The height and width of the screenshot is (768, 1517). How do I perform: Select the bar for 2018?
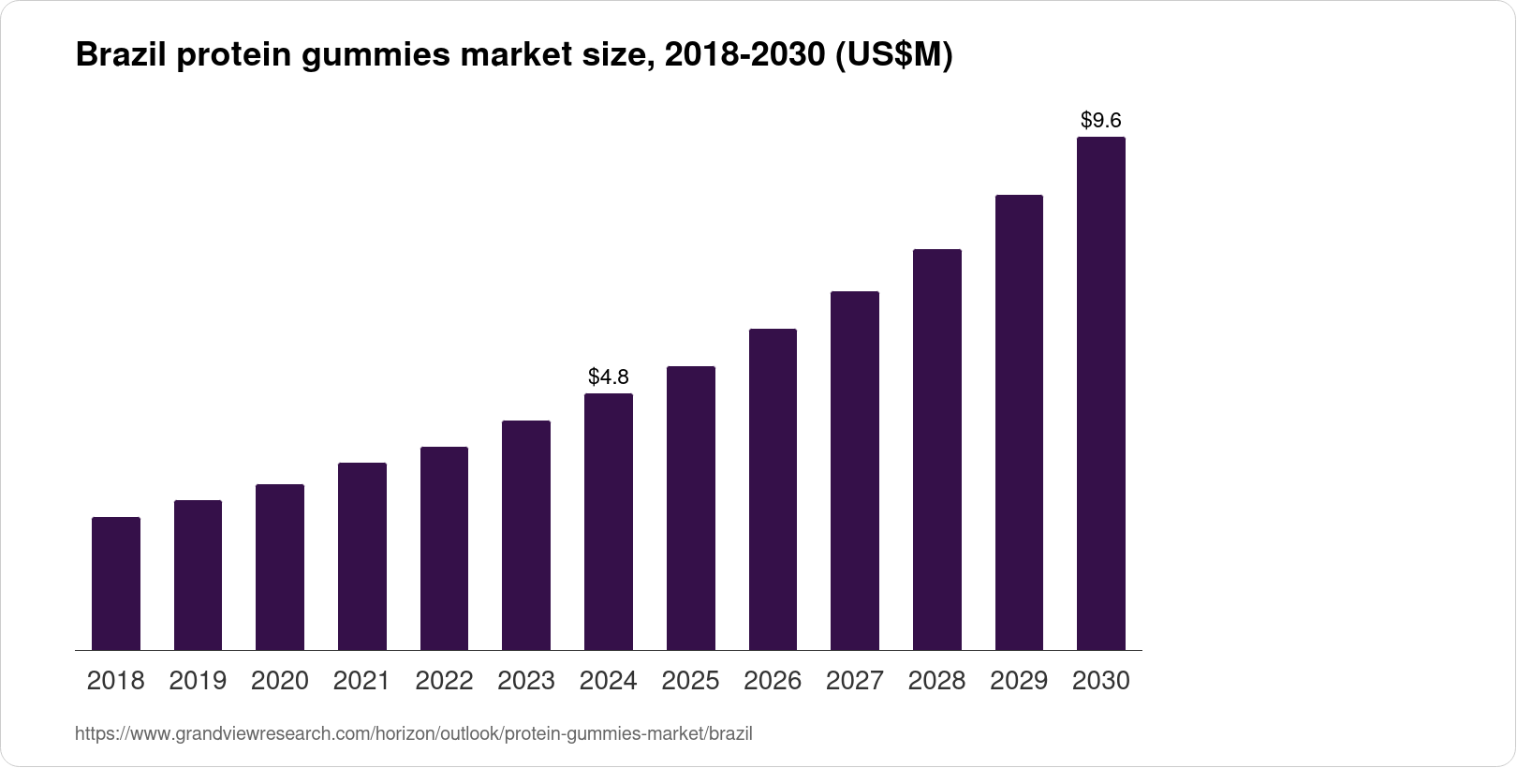(116, 583)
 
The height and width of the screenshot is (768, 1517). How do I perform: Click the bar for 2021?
(362, 556)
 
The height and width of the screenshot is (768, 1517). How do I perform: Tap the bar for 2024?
(609, 522)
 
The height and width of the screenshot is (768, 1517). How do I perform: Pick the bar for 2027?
(854, 470)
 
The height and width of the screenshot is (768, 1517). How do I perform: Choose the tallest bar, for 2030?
(1100, 393)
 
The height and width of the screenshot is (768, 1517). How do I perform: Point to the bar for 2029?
(1019, 422)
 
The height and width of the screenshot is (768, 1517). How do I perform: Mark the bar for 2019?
(198, 575)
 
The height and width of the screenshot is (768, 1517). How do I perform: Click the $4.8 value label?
(609, 377)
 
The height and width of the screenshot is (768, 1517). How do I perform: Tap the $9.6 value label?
(1100, 120)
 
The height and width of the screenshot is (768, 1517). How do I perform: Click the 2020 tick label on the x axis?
(280, 681)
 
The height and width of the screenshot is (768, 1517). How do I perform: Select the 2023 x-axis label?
(526, 681)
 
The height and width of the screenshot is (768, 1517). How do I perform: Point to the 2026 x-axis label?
(773, 681)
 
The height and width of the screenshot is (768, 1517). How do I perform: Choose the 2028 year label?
(936, 681)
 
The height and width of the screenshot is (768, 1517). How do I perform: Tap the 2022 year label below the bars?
(444, 681)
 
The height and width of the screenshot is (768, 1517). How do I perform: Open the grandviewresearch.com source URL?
(413, 733)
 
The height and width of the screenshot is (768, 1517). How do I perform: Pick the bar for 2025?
(690, 508)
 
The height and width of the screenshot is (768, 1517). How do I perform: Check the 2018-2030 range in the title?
(742, 56)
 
